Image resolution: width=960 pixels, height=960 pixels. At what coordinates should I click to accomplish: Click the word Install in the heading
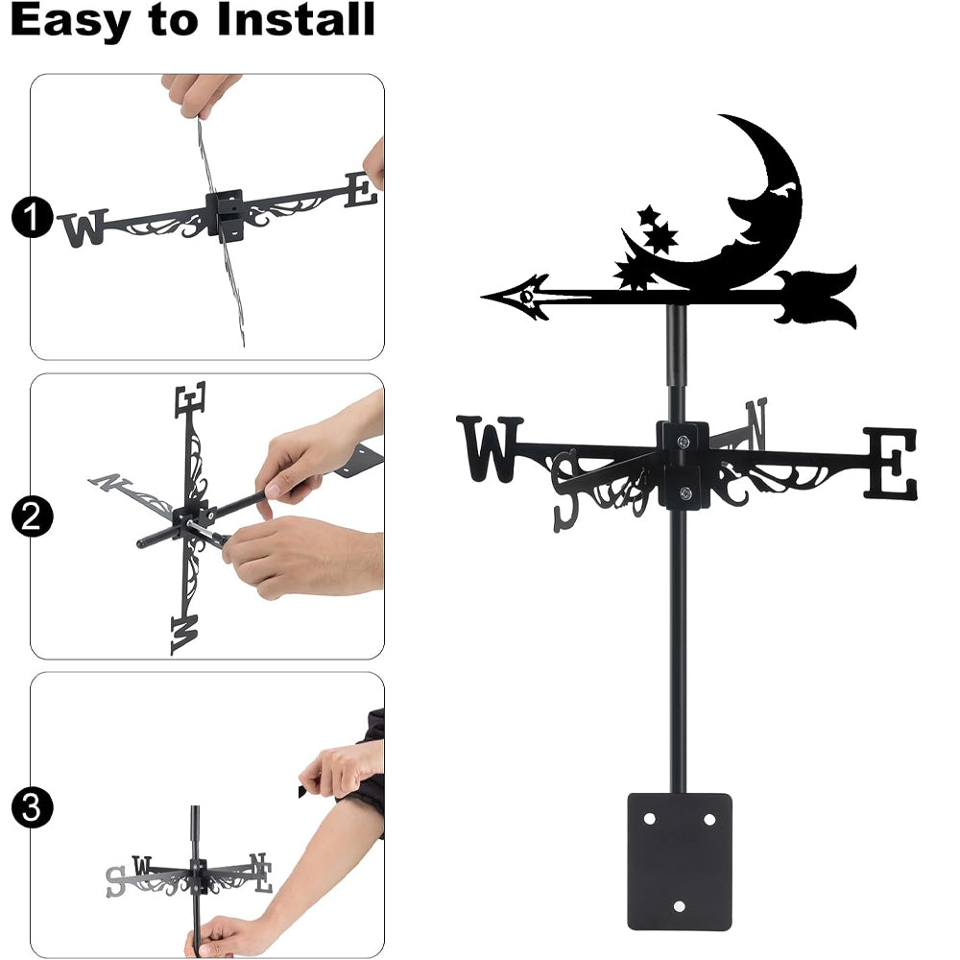click(x=295, y=19)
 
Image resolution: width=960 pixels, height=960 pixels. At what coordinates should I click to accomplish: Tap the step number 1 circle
click(x=32, y=217)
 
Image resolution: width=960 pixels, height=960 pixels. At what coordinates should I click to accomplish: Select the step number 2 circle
click(x=32, y=516)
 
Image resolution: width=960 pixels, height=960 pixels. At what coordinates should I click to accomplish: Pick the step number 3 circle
click(x=32, y=807)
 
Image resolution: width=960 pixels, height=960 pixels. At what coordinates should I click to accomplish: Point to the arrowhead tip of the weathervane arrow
click(x=483, y=297)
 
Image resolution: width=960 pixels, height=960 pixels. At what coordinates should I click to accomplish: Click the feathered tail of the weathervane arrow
click(x=817, y=297)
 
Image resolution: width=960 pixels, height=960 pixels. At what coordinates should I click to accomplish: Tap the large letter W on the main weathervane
click(x=490, y=448)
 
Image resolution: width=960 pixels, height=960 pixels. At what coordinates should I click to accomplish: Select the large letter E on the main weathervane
click(x=891, y=463)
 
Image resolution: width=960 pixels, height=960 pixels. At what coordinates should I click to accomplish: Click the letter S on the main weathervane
click(x=566, y=491)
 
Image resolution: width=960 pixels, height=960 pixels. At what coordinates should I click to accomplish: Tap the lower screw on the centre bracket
click(x=685, y=492)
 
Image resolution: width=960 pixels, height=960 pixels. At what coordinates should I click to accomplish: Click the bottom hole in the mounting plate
click(x=679, y=906)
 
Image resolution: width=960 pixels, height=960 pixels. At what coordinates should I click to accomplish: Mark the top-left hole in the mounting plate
click(x=650, y=819)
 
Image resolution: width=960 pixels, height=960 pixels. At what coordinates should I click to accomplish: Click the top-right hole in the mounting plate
click(x=709, y=819)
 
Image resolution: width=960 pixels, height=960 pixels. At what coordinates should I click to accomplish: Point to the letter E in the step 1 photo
click(x=360, y=189)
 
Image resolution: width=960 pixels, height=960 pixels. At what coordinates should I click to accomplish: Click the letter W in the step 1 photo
click(x=84, y=228)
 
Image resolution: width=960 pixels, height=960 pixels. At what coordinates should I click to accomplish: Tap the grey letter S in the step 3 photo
click(x=115, y=881)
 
